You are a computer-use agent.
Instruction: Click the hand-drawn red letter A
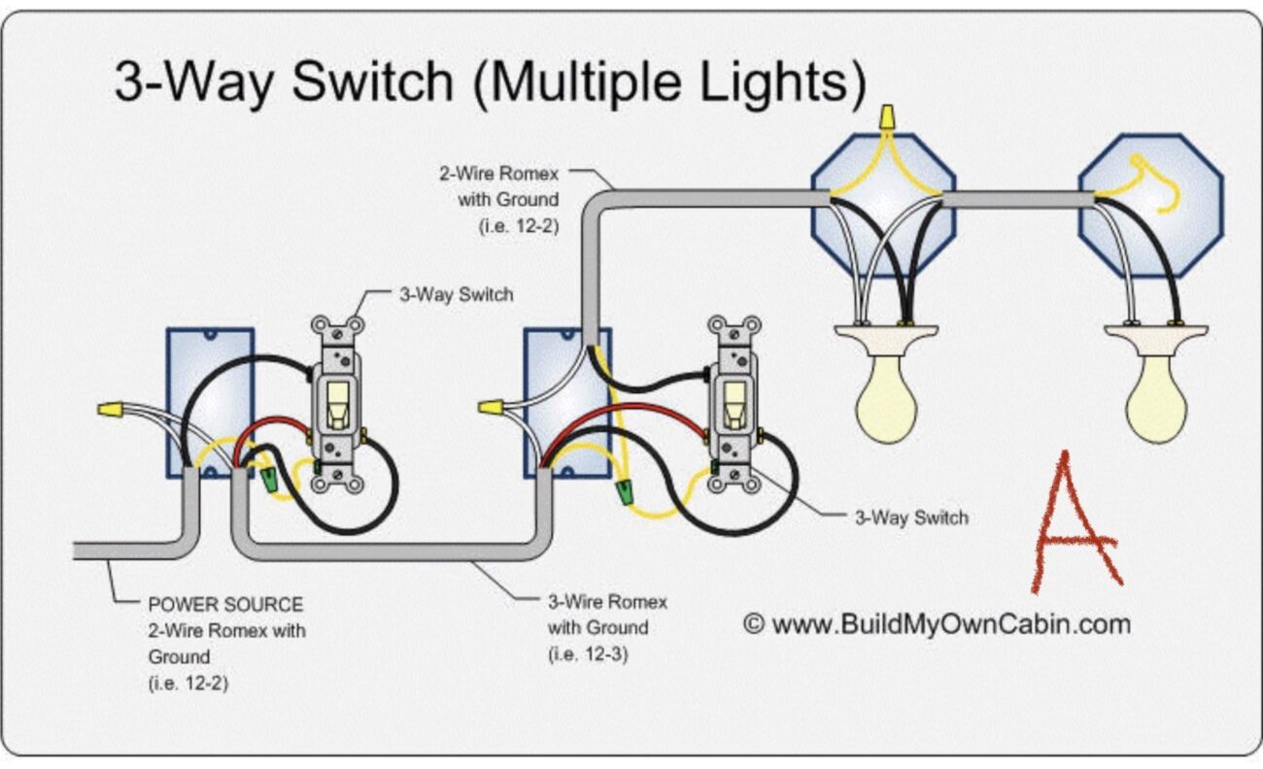click(x=1074, y=524)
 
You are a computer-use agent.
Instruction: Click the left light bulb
click(x=887, y=398)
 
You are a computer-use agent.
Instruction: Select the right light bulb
click(x=1156, y=398)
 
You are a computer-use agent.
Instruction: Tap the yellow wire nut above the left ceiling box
click(x=884, y=117)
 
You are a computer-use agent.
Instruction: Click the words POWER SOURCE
click(x=225, y=605)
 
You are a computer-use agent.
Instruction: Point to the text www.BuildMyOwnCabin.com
click(x=950, y=624)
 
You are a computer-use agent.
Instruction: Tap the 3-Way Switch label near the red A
click(x=910, y=518)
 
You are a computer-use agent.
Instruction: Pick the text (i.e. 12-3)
click(x=588, y=653)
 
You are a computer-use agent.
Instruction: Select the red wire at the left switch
click(x=282, y=424)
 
